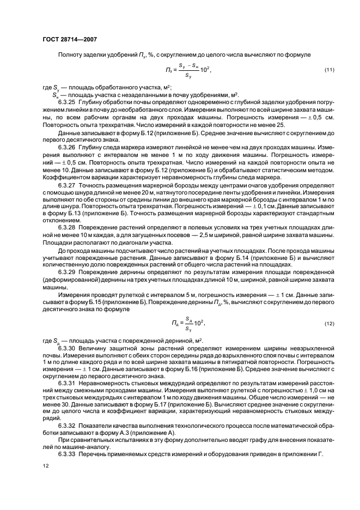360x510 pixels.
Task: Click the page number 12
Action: pyautogui.click(x=44, y=466)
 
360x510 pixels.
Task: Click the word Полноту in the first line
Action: pyautogui.click(x=69, y=55)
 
